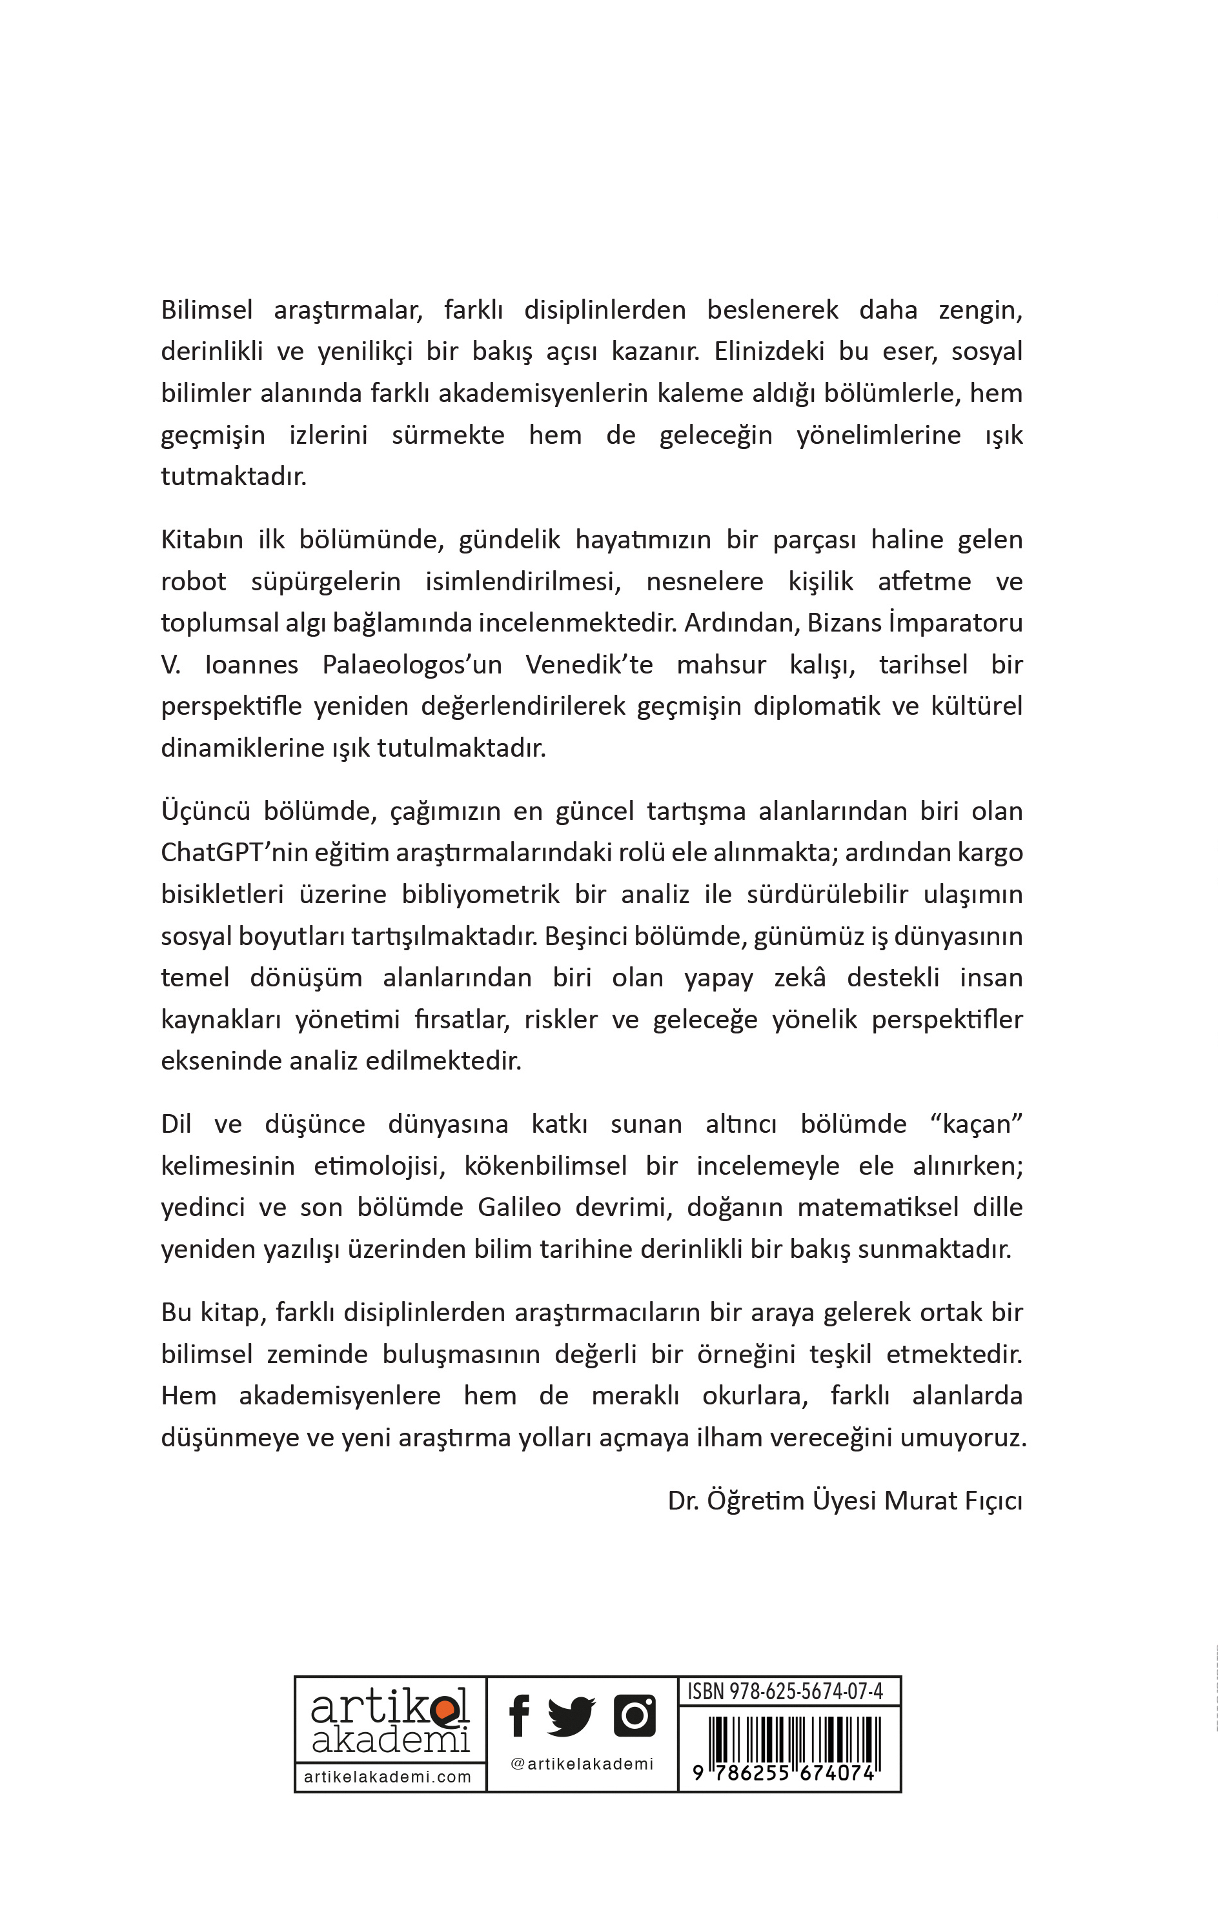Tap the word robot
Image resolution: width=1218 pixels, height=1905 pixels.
click(193, 581)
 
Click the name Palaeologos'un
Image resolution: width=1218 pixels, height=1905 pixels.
click(412, 664)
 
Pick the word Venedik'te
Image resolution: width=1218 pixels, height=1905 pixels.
click(589, 664)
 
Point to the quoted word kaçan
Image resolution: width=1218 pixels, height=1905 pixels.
click(977, 1124)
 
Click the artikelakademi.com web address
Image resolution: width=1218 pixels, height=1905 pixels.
click(388, 1777)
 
